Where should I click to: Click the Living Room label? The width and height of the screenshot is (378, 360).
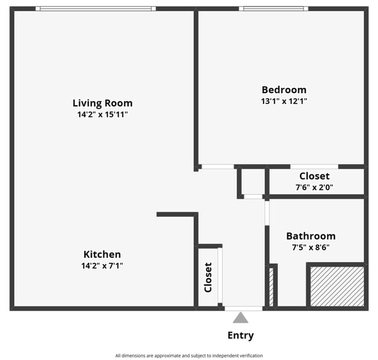(102, 103)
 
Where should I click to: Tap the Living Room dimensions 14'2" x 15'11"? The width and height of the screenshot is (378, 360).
(102, 115)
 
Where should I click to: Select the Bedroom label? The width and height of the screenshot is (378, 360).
(284, 90)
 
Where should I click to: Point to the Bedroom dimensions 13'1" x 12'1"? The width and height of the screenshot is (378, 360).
(284, 101)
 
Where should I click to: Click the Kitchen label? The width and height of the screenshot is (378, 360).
(102, 254)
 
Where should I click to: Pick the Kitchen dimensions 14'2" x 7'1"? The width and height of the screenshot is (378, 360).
(102, 266)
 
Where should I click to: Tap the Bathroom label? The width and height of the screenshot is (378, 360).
(311, 236)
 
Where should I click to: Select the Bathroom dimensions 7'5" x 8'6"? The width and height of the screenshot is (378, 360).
(311, 247)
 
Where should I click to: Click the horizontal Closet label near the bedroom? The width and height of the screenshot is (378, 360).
(314, 176)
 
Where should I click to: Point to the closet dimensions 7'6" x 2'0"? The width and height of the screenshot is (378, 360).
(314, 187)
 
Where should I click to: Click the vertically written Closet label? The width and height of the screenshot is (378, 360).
(208, 277)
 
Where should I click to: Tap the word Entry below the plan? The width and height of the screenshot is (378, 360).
(240, 336)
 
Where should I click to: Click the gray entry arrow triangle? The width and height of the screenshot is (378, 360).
(240, 318)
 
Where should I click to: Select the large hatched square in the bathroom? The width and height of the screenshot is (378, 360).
(337, 286)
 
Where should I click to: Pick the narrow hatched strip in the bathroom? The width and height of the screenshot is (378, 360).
(271, 287)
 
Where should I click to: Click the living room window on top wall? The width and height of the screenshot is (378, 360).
(95, 9)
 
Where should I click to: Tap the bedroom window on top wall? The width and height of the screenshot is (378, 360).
(273, 9)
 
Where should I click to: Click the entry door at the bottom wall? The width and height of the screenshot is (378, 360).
(243, 308)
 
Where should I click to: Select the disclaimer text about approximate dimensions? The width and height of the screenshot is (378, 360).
(189, 355)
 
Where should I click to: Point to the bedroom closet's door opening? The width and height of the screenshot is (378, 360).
(314, 167)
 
